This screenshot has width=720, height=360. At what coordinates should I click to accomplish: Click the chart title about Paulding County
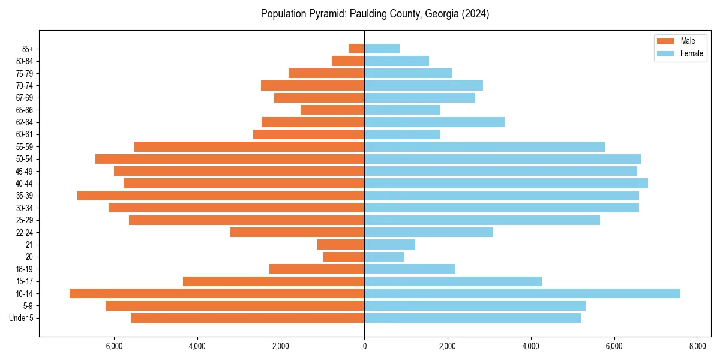[x=375, y=14]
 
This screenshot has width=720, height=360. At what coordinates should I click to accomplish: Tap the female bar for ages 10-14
[x=522, y=293]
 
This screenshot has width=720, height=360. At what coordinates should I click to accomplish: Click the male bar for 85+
[x=356, y=49]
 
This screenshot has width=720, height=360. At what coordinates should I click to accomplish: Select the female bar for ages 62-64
[x=434, y=122]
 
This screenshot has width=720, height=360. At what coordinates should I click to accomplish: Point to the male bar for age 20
[x=344, y=257]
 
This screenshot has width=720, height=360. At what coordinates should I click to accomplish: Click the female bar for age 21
[x=389, y=245]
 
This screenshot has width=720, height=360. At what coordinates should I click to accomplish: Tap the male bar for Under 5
[x=247, y=318]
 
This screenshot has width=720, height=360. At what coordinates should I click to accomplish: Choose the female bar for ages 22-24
[x=428, y=232]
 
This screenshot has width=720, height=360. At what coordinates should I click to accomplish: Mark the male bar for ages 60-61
[x=308, y=134]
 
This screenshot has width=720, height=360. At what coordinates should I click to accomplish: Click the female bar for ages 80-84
[x=397, y=61]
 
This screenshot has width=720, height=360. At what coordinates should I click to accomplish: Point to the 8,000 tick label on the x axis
[x=697, y=346]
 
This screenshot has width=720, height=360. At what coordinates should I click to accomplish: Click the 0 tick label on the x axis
[x=364, y=346]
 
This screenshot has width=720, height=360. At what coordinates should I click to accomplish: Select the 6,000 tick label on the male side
[x=114, y=346]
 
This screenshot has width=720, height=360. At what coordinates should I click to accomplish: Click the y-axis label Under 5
[x=22, y=318]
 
